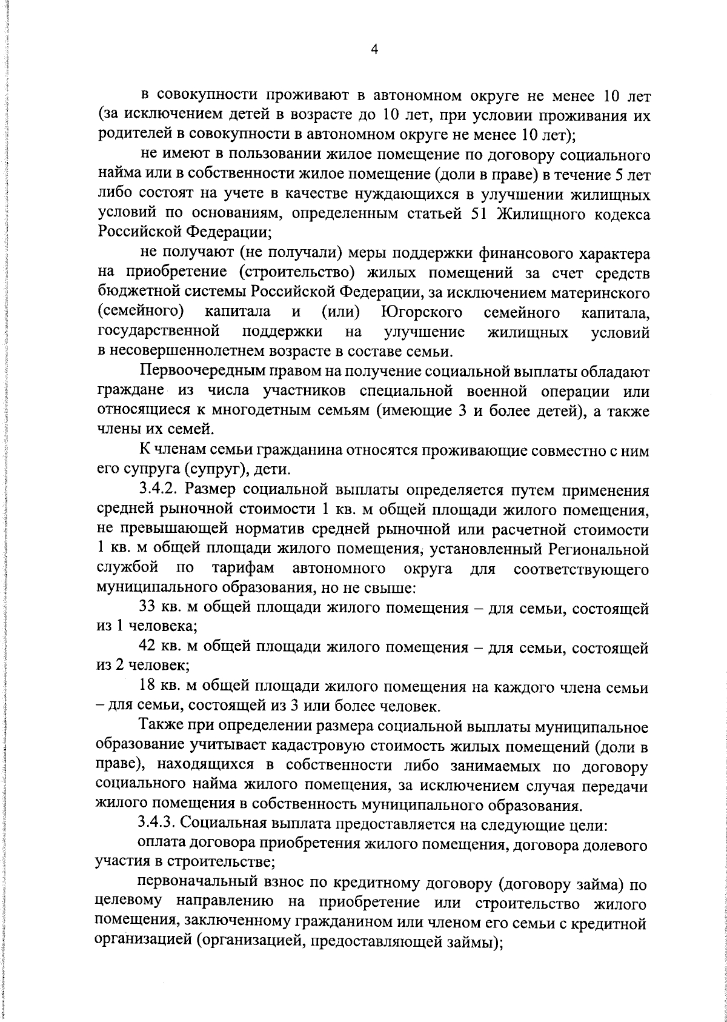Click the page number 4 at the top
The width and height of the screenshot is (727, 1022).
(x=374, y=51)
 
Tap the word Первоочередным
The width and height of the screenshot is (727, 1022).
(x=197, y=371)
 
